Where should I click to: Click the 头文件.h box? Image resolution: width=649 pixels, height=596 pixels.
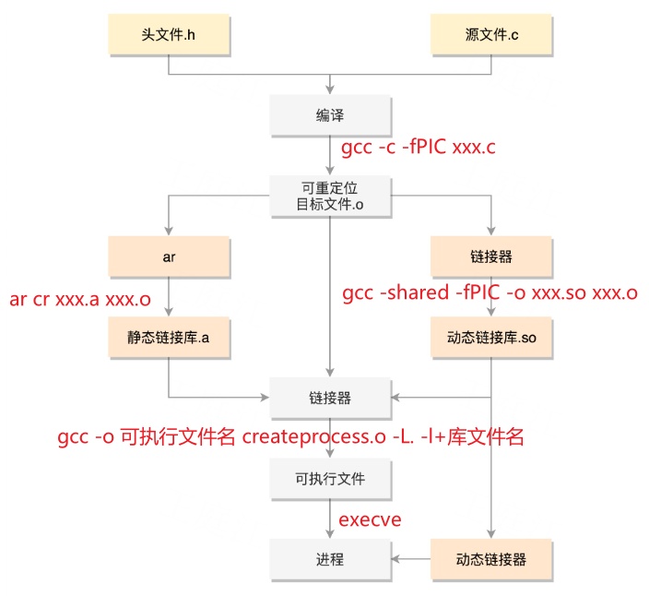point(169,34)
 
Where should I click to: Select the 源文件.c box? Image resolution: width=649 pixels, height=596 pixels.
point(491,34)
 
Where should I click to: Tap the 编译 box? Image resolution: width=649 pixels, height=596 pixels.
point(330,115)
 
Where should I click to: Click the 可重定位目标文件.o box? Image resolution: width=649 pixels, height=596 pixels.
point(330,196)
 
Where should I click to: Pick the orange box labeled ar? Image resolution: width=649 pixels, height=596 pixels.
point(169,256)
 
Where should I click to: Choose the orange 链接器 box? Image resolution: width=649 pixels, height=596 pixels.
point(491,256)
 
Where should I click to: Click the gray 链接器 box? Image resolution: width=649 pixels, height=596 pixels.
point(330,398)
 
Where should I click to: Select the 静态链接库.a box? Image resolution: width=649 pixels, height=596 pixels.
point(169,337)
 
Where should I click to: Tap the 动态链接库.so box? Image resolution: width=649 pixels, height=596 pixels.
point(491,337)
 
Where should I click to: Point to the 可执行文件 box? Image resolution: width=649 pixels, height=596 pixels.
point(330,479)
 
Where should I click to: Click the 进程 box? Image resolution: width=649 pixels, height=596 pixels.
point(330,559)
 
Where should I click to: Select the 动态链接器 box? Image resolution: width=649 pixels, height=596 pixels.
point(491,559)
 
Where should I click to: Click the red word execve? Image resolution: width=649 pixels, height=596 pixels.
point(370,519)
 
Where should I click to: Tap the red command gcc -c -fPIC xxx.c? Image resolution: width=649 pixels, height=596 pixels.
point(418,147)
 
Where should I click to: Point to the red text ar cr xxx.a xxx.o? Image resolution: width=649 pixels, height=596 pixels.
point(80,299)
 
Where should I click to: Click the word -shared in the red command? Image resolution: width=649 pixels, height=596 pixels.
point(414,292)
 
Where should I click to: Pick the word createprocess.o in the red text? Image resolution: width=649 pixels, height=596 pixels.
point(313,437)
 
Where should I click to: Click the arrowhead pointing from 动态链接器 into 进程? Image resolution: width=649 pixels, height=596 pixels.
point(395,559)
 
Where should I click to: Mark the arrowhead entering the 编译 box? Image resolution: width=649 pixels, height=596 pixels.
point(330,89)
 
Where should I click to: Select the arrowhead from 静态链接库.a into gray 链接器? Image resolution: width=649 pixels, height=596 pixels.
point(265,398)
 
